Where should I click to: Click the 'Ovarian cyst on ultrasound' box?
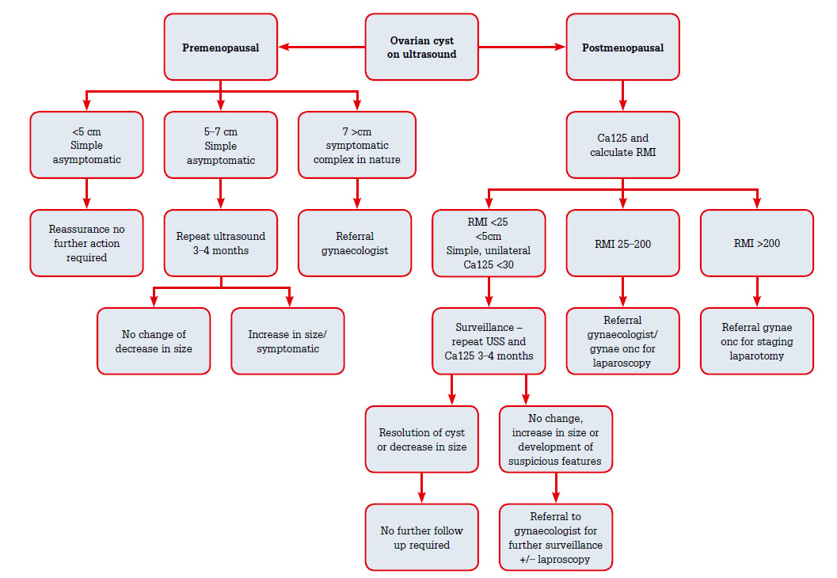[422, 48]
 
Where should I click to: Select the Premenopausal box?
[221, 48]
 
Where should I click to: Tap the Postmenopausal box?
[622, 48]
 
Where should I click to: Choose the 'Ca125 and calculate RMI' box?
[622, 145]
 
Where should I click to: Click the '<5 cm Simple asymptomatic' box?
[86, 145]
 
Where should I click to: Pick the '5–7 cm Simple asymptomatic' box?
[221, 145]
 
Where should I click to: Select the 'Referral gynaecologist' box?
[355, 243]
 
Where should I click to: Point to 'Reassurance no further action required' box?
[86, 243]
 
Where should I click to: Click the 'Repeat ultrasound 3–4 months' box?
[221, 243]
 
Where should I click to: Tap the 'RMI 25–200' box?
[622, 243]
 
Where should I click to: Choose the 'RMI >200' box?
[757, 243]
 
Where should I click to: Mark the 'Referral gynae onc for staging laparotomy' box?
[757, 341]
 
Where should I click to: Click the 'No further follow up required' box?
[421, 538]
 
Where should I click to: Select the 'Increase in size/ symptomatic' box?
[287, 341]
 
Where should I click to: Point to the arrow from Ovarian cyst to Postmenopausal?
[523, 48]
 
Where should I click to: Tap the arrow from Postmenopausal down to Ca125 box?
[622, 95]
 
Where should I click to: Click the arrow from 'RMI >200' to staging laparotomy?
[757, 291]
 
